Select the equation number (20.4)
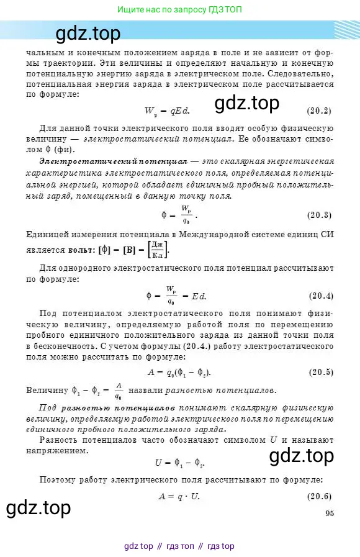[320, 295]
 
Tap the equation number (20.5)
[320, 372]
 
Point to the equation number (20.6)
[320, 479]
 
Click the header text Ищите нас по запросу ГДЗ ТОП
[180, 10]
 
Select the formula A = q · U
[178, 479]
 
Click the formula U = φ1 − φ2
[179, 463]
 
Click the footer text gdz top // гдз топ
[179, 546]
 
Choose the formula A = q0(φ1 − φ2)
[179, 372]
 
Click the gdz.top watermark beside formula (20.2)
[247, 103]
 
